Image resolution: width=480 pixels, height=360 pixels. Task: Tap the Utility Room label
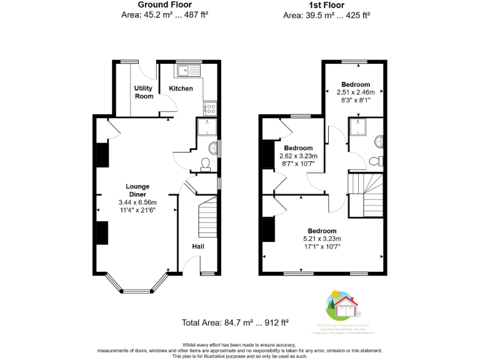[143, 92]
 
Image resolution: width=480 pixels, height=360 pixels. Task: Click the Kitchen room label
[181, 88]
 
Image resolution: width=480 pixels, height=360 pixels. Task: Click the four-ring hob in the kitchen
[209, 107]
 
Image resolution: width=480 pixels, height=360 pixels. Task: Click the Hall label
[197, 246]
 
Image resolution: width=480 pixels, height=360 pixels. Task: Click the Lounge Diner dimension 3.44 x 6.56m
[137, 202]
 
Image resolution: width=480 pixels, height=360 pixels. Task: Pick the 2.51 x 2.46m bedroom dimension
[355, 92]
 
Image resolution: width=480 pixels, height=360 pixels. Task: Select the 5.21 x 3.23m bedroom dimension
[322, 238]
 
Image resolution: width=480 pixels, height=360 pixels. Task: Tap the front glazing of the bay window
[136, 291]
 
